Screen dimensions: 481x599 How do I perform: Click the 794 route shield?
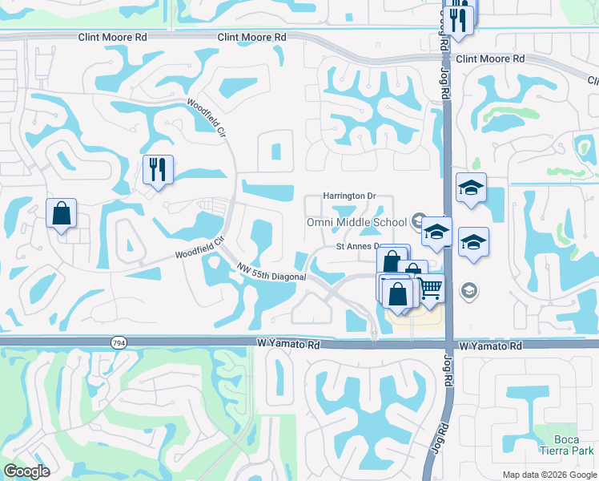coord(117,342)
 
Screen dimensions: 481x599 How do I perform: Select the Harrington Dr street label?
coord(349,196)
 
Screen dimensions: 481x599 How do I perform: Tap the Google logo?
coord(26,471)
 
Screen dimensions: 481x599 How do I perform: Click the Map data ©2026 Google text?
coord(549,475)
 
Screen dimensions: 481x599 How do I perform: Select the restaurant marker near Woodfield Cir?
coord(156,169)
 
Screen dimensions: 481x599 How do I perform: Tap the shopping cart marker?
coord(430,288)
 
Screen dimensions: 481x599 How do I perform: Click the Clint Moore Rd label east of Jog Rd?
coord(489,59)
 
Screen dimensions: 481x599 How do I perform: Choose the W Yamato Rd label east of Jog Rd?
coord(491,346)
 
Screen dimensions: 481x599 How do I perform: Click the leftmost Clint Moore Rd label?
coord(113,37)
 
